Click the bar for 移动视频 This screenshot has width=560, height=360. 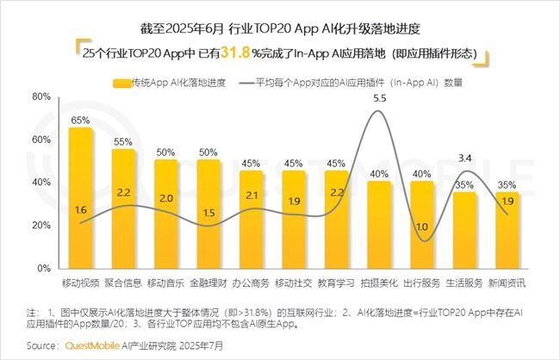coord(80,198)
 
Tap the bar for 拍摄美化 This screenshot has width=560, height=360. coord(379,225)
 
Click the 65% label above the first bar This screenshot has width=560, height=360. coord(80,121)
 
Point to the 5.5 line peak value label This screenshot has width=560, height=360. coord(379,99)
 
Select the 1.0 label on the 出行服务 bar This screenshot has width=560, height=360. coord(421,227)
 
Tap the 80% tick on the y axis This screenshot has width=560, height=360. coord(42,97)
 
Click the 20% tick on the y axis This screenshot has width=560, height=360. coord(42,226)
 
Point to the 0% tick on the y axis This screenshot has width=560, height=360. coord(46,269)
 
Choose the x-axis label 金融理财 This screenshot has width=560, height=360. coord(208,282)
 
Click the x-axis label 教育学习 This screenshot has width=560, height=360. coord(336,282)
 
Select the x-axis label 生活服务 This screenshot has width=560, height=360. coord(464,282)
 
